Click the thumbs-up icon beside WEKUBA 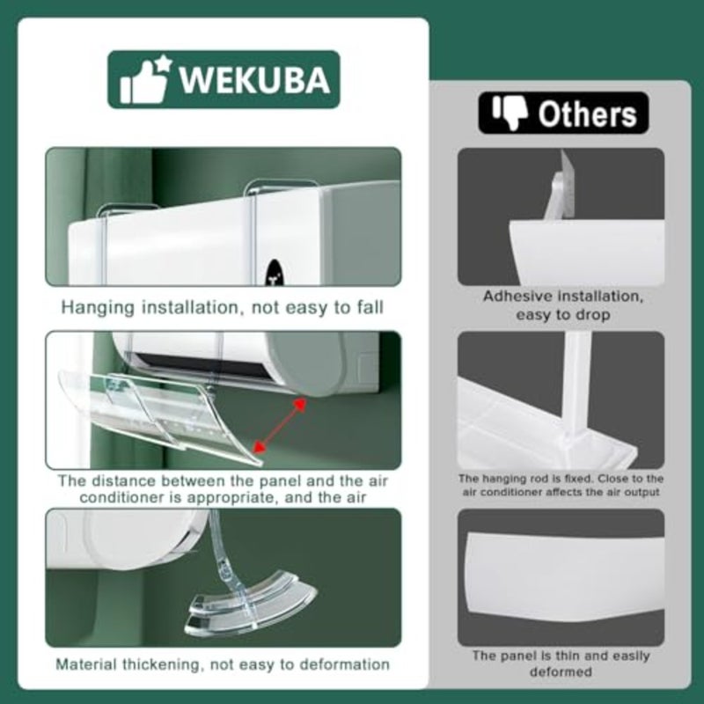click(145, 79)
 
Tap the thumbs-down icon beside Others click(510, 113)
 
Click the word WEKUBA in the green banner click(254, 80)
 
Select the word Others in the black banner click(587, 114)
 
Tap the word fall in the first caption click(370, 307)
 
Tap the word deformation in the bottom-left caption click(344, 664)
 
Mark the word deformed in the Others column click(561, 672)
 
